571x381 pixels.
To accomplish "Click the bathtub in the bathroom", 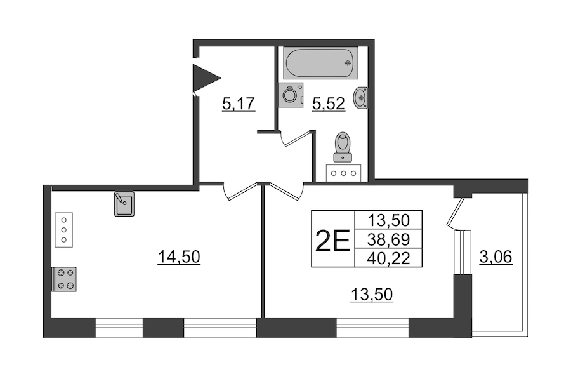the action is [x=320, y=63].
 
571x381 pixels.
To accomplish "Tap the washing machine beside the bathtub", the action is [x=291, y=95].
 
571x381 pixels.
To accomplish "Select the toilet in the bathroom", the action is [x=343, y=147].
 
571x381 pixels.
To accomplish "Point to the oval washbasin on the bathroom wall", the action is [x=360, y=98].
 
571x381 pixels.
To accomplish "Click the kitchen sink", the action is [x=124, y=204].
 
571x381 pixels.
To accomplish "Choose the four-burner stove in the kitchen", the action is [x=65, y=279].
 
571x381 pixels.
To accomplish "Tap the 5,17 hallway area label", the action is [x=238, y=104].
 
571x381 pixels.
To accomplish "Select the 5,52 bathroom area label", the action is [x=329, y=104].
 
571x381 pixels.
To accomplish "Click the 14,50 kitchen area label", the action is [x=179, y=257].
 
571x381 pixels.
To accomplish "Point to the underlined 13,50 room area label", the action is [x=371, y=295].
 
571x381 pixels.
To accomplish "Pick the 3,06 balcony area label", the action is [x=496, y=257].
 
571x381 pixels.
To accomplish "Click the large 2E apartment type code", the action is [x=332, y=241].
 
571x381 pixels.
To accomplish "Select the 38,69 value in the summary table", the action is [x=388, y=239].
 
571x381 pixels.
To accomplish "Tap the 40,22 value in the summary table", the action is [x=388, y=258].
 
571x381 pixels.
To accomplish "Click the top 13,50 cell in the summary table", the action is [x=388, y=220].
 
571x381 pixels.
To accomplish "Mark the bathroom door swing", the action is [x=296, y=138].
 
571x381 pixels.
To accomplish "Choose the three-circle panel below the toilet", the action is [x=343, y=173].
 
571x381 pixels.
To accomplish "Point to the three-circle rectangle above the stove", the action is [x=63, y=230].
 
